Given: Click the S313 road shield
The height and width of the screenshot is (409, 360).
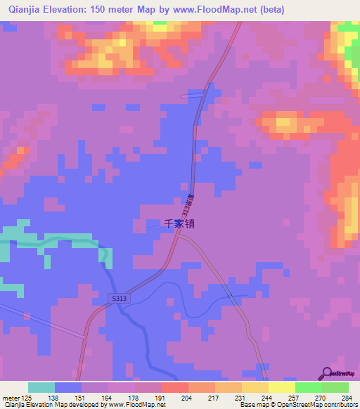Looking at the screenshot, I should (x=119, y=299).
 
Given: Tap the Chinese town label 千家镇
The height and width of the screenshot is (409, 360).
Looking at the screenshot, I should (x=179, y=224).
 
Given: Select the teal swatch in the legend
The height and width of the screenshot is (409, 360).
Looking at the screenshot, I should (x=41, y=387).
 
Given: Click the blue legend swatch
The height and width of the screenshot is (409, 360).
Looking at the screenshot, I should (x=68, y=387).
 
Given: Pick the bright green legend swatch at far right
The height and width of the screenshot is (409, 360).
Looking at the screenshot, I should (x=335, y=387).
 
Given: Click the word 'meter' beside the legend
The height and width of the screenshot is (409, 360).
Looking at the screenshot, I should (x=10, y=397).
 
